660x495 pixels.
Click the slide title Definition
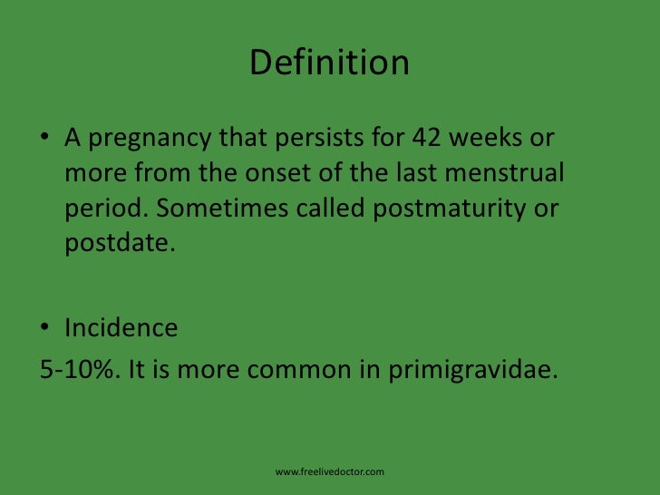click(x=329, y=63)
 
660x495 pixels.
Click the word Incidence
click(x=121, y=326)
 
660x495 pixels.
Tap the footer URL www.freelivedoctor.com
click(x=330, y=472)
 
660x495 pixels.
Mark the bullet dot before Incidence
click(x=44, y=327)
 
